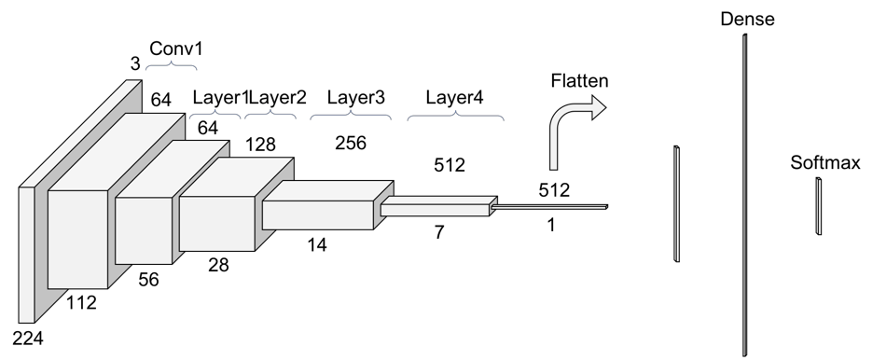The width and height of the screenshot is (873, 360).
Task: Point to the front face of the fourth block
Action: point(216,223)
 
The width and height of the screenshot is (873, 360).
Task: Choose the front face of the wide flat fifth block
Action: point(317,215)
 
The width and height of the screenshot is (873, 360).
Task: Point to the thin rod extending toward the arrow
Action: point(550,207)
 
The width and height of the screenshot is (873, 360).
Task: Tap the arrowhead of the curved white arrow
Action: point(596,107)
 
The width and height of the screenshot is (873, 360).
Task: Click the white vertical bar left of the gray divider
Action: point(676,203)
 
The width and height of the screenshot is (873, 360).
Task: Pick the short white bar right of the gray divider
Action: point(819,206)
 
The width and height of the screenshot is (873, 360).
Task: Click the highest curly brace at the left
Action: point(171,66)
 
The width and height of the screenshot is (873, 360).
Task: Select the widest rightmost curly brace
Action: point(456,117)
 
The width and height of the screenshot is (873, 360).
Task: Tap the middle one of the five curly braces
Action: point(270,115)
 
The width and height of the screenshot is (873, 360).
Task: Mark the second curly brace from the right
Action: point(350,116)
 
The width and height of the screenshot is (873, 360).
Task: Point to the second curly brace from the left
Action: point(215,115)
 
